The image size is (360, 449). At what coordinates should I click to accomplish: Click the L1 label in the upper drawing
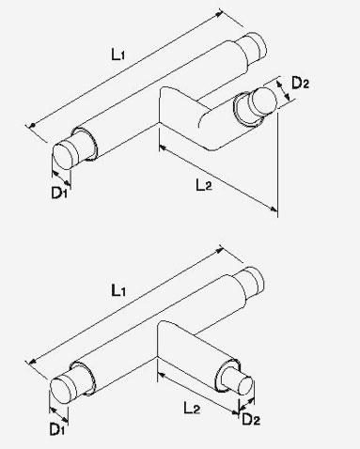[x=118, y=54]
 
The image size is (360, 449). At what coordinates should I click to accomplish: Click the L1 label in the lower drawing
[x=118, y=291]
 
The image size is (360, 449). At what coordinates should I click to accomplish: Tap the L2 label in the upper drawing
[x=204, y=185]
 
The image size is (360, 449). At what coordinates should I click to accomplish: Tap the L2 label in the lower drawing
[x=192, y=408]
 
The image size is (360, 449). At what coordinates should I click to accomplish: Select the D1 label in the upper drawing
[x=59, y=193]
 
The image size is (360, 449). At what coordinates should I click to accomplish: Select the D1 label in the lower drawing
[x=56, y=429]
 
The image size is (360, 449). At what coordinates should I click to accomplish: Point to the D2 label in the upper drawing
[x=300, y=83]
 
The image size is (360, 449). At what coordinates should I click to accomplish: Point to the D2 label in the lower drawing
[x=251, y=419]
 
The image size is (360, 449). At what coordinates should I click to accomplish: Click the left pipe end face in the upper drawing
[x=64, y=156]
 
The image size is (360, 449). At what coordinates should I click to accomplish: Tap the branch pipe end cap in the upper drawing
[x=263, y=100]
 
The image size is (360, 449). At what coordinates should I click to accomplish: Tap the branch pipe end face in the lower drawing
[x=245, y=385]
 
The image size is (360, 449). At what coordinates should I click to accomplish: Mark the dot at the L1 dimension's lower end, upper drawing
[x=32, y=126]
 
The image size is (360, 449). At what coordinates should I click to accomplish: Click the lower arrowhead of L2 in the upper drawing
[x=274, y=209]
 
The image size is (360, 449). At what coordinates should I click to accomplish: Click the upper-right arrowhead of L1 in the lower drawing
[x=219, y=251]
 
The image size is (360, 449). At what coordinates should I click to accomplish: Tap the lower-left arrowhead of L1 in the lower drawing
[x=31, y=363]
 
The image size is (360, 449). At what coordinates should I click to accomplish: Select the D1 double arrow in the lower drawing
[x=58, y=414]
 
